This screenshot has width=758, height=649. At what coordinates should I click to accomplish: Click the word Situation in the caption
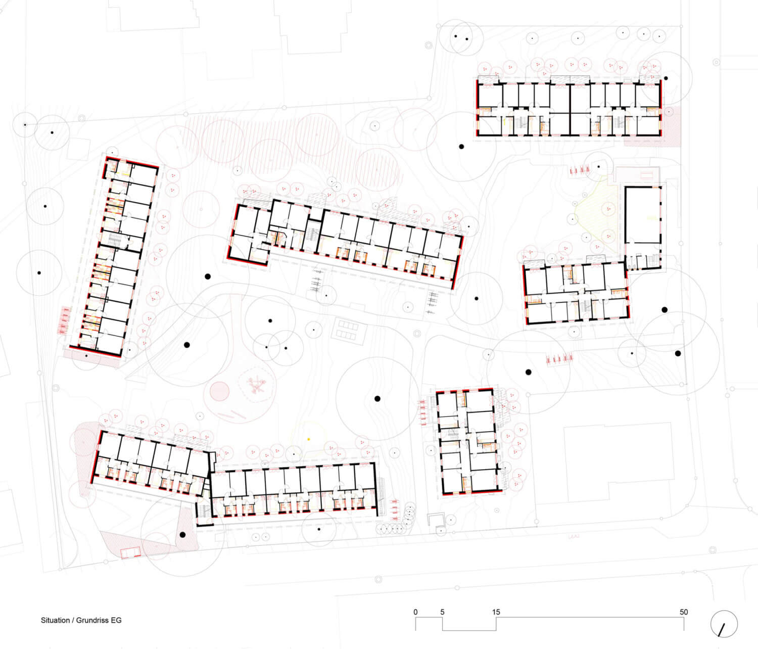coord(55,620)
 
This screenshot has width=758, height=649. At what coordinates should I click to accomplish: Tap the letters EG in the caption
coord(116,620)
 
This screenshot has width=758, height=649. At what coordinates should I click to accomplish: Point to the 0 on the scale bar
coord(415,612)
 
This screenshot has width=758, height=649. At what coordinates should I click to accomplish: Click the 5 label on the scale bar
coord(442,612)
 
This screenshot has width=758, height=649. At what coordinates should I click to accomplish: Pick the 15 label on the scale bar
coord(496,612)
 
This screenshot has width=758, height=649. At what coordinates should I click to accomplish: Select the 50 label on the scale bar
coord(684,612)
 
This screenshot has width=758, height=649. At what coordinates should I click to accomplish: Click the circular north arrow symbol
coord(724,624)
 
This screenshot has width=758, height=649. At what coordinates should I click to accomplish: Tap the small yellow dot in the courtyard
coord(309,439)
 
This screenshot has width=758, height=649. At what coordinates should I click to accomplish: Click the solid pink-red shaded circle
coord(220,391)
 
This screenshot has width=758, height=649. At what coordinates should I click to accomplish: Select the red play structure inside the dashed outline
coord(256,385)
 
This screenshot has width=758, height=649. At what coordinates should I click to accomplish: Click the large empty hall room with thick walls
coord(643,215)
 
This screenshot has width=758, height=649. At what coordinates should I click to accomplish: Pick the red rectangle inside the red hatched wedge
coord(130,552)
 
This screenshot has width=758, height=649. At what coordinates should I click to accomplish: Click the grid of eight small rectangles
coord(348,330)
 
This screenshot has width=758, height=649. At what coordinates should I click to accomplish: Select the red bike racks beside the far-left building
coord(64,320)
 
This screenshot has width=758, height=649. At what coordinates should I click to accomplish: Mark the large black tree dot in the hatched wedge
coord(182,535)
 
